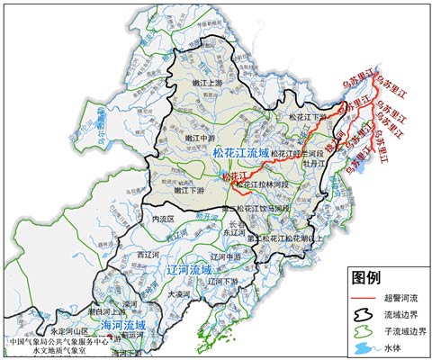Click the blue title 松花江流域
coord(242,154)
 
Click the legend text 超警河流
coord(402,297)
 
